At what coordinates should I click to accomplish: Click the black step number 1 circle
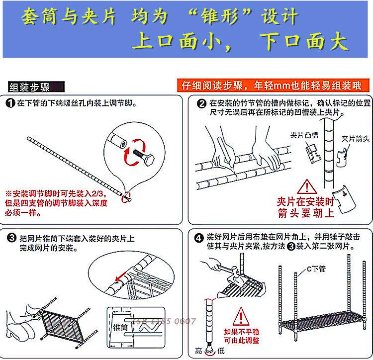[x=10, y=104]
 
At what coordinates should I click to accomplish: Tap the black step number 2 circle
[x=202, y=104]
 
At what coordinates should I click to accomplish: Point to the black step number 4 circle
[x=199, y=237]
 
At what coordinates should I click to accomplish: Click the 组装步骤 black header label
[x=30, y=88]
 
